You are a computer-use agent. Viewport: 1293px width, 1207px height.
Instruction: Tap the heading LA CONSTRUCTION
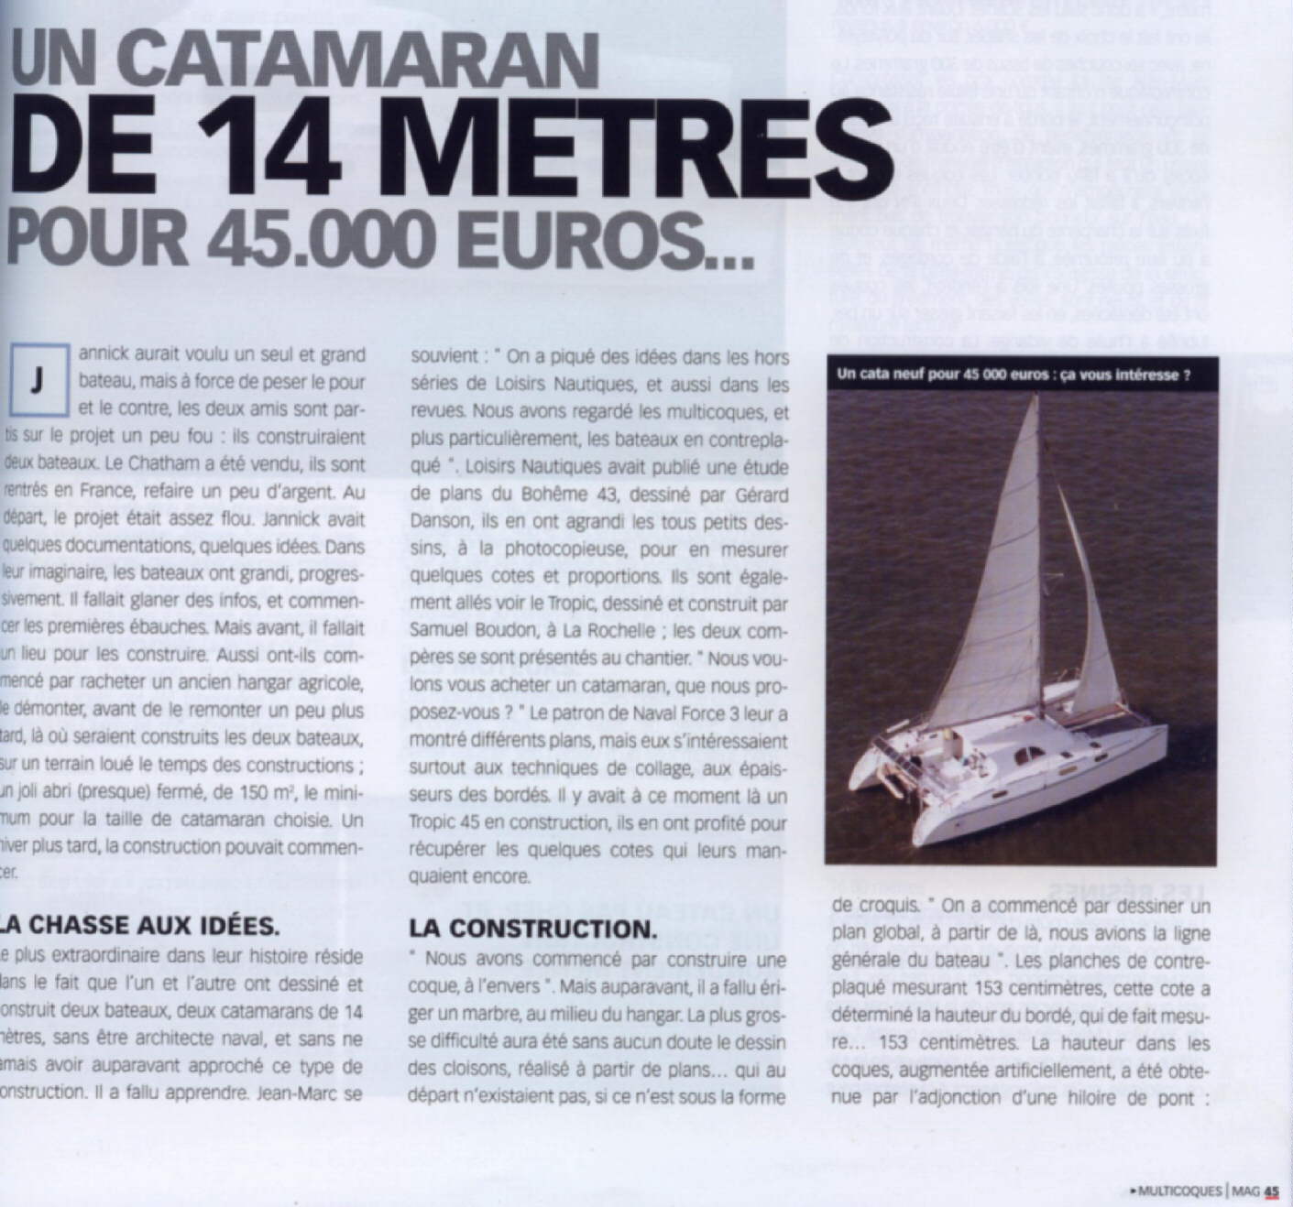[533, 928]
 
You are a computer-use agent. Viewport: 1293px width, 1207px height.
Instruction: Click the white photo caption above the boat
[1014, 375]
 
